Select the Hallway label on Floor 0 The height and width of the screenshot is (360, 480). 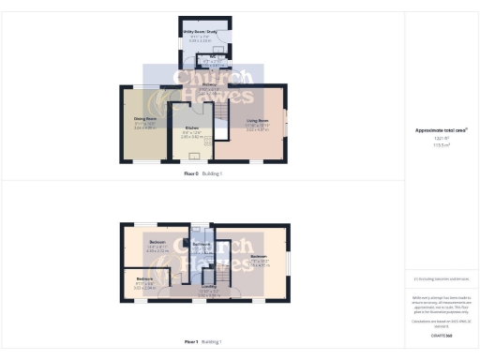[194, 85]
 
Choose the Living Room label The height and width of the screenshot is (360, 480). [257, 121]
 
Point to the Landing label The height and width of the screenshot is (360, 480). [209, 287]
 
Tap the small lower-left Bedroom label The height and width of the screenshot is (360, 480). [143, 279]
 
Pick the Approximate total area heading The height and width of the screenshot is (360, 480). [441, 129]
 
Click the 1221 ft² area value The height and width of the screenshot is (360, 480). [441, 138]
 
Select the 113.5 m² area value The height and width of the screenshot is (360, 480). [441, 145]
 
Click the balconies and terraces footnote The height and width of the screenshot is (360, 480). [441, 279]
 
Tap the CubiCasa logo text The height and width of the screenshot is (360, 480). [441, 334]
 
